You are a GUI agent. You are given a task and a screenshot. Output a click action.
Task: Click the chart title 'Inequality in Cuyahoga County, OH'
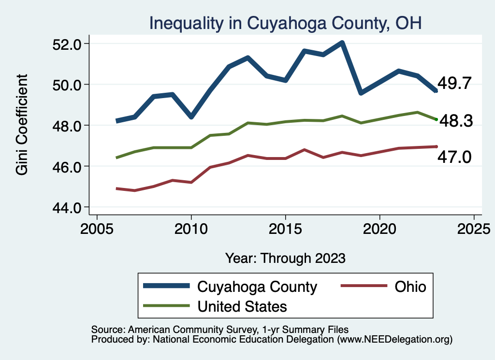tap(285, 23)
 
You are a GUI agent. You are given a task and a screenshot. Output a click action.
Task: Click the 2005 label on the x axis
tap(97, 228)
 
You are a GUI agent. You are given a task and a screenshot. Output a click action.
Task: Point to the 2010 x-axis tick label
tap(191, 228)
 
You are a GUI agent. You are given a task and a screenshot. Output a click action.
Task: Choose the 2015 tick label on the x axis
tap(285, 228)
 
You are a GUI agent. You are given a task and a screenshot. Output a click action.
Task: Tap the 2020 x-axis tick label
tap(379, 228)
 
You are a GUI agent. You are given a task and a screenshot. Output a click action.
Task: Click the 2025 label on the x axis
tap(474, 228)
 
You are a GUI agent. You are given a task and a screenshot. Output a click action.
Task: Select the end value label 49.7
tap(454, 84)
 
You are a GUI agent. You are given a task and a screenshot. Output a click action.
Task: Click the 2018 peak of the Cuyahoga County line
tap(342, 43)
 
